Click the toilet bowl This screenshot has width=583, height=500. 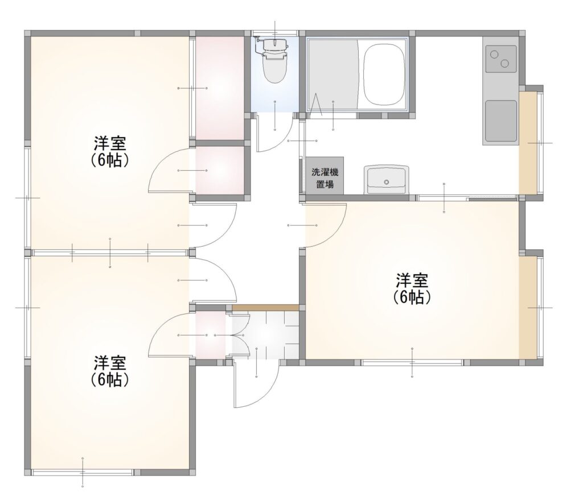pos(274,67)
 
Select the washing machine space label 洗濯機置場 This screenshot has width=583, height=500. pos(325,178)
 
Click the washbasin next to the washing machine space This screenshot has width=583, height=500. pos(387,180)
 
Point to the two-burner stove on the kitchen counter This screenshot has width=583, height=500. pos(500,59)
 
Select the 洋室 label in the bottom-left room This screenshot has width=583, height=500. pos(110,362)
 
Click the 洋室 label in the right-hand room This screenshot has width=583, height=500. pos(412,280)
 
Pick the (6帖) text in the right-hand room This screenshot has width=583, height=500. pos(412,297)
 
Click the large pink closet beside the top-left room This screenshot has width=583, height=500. pos(219,88)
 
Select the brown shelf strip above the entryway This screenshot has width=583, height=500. pos(265,308)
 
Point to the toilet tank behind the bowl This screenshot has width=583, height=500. pos(275,44)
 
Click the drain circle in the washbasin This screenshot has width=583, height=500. pos(387,182)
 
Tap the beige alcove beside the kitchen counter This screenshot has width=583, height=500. pos(528,143)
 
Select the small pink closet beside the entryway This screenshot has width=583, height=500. pos(210,335)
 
